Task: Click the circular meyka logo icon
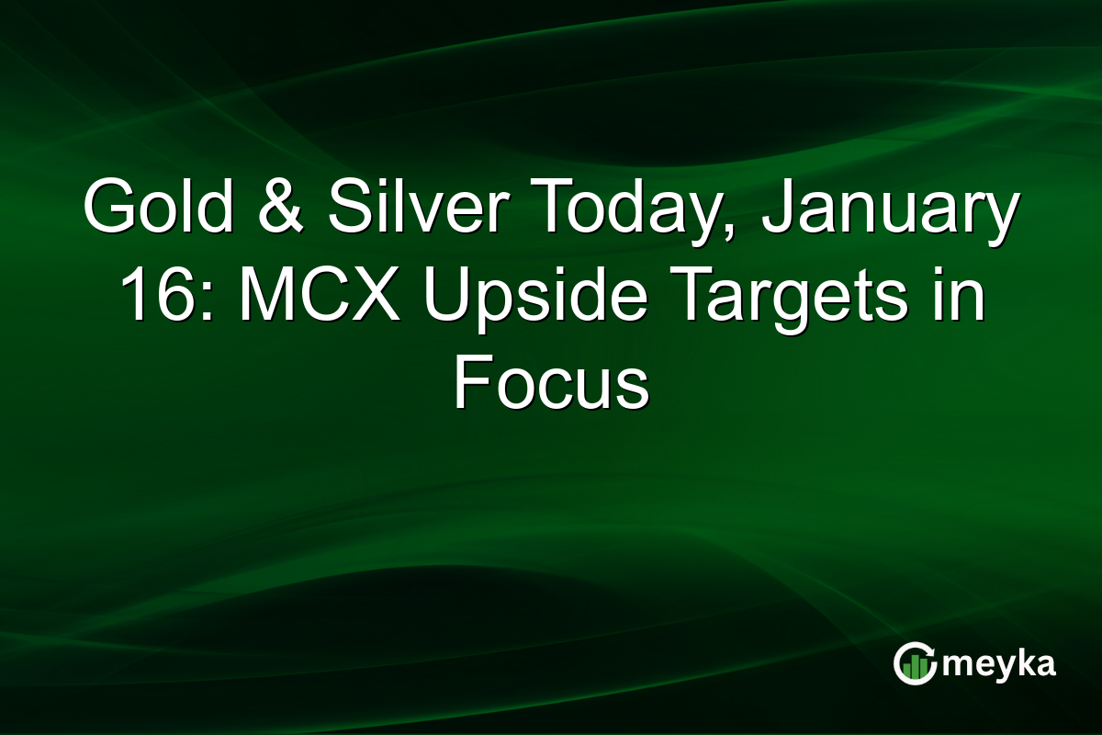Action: coord(916,663)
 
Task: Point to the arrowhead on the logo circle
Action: coord(932,650)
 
